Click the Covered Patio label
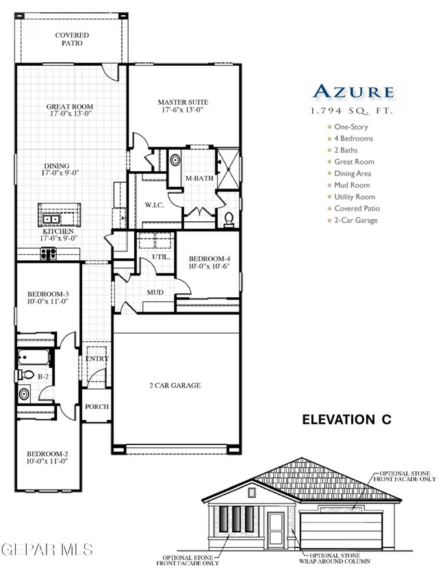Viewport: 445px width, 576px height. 69,38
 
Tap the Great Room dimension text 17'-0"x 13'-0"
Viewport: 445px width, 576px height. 69,115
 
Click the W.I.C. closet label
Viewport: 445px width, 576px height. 153,205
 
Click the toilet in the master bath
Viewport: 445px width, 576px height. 229,218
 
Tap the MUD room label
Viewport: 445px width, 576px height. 155,292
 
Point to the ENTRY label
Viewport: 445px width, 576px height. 97,358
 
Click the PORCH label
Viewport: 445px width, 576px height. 97,406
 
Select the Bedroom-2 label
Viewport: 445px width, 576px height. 47,453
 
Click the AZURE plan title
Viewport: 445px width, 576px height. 353,91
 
